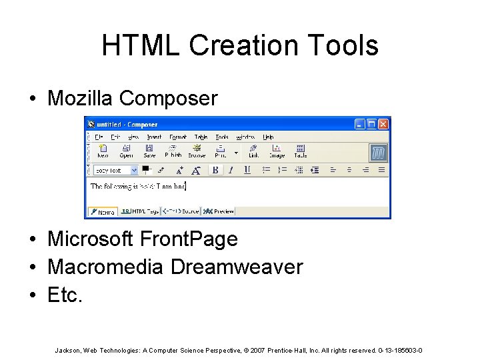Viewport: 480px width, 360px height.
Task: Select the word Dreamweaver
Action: (237, 267)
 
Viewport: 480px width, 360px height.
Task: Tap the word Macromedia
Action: (105, 267)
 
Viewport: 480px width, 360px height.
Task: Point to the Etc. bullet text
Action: (65, 295)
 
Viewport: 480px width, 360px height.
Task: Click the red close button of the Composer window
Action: (383, 124)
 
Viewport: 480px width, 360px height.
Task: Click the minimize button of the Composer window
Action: (360, 124)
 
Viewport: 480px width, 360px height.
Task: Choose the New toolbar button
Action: (103, 151)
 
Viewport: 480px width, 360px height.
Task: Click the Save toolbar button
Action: (149, 151)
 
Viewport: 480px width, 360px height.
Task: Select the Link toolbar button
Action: (254, 151)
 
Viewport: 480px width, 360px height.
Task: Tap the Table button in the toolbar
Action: (301, 151)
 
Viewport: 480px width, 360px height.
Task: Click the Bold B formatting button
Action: (215, 170)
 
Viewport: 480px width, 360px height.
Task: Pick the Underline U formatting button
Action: (247, 170)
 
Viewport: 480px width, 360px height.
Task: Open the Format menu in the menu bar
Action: (178, 137)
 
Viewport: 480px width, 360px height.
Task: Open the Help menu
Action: (268, 137)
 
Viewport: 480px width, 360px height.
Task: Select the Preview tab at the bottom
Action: (219, 211)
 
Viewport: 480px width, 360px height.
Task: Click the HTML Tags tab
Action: (141, 211)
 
